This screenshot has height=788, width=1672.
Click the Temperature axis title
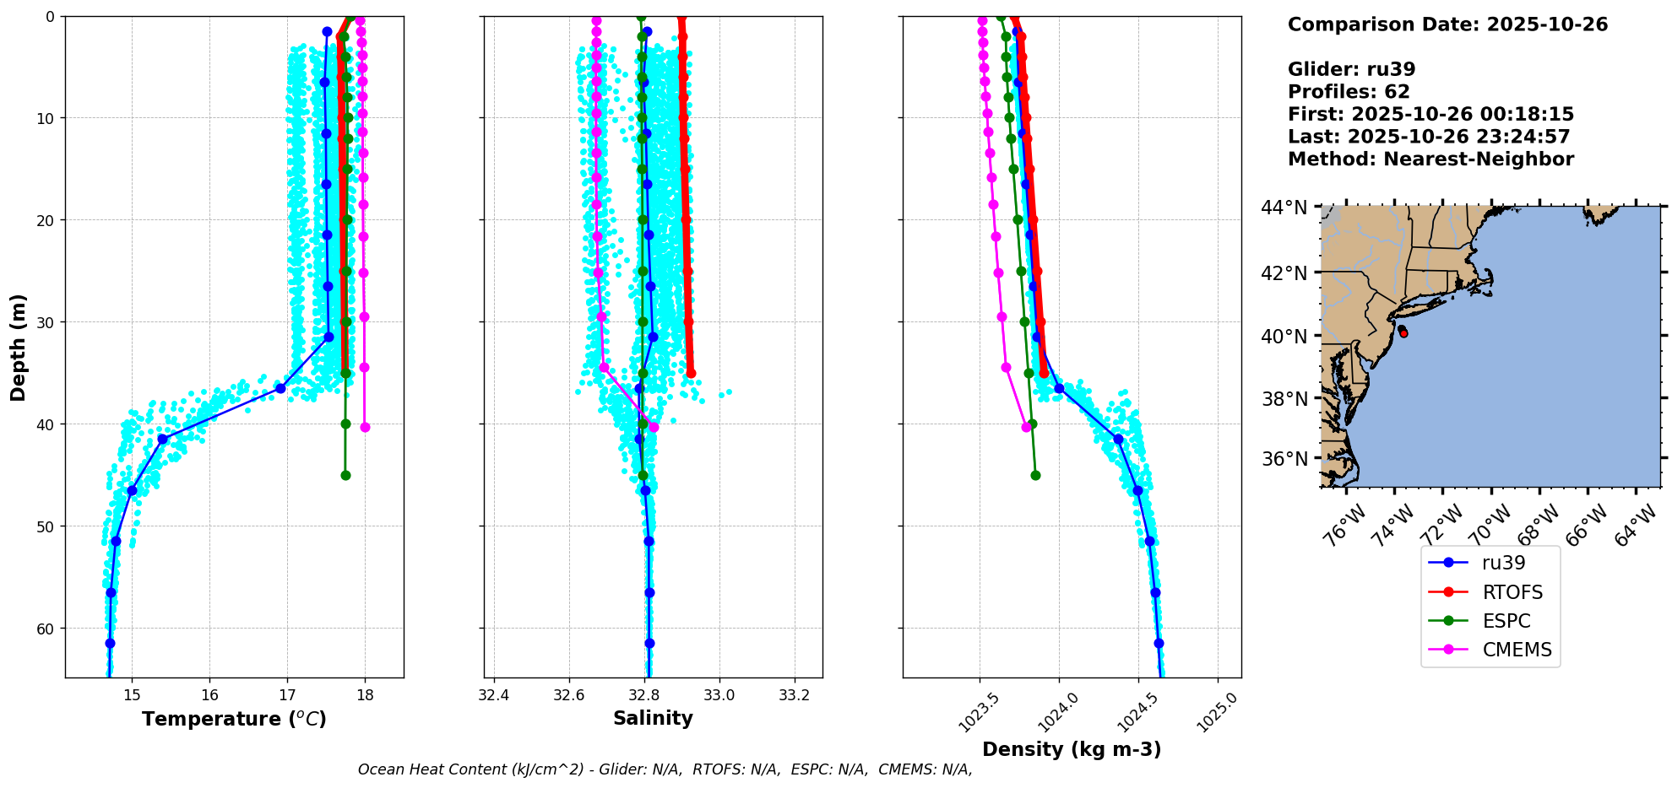coord(234,719)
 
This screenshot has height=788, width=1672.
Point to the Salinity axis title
coord(653,718)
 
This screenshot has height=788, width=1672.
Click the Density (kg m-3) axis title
coord(1072,749)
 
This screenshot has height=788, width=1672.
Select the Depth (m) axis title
coord(19,347)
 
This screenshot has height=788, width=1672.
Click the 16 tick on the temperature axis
coord(209,695)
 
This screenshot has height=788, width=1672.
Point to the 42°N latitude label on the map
coord(1284,273)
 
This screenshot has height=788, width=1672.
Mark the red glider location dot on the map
coord(1403,332)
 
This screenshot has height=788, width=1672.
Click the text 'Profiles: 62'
coord(1349,92)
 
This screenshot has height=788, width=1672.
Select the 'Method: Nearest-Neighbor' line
coord(1430,159)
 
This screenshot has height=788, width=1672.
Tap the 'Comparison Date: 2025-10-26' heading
coord(1447,24)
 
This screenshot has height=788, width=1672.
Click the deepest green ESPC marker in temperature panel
coord(345,476)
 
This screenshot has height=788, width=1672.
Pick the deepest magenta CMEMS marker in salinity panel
coord(654,427)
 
